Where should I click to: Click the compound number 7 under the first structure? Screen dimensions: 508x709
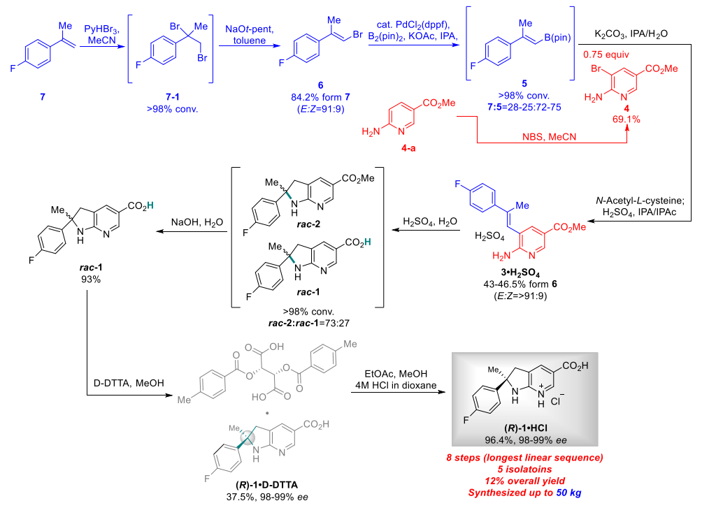click(42, 96)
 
